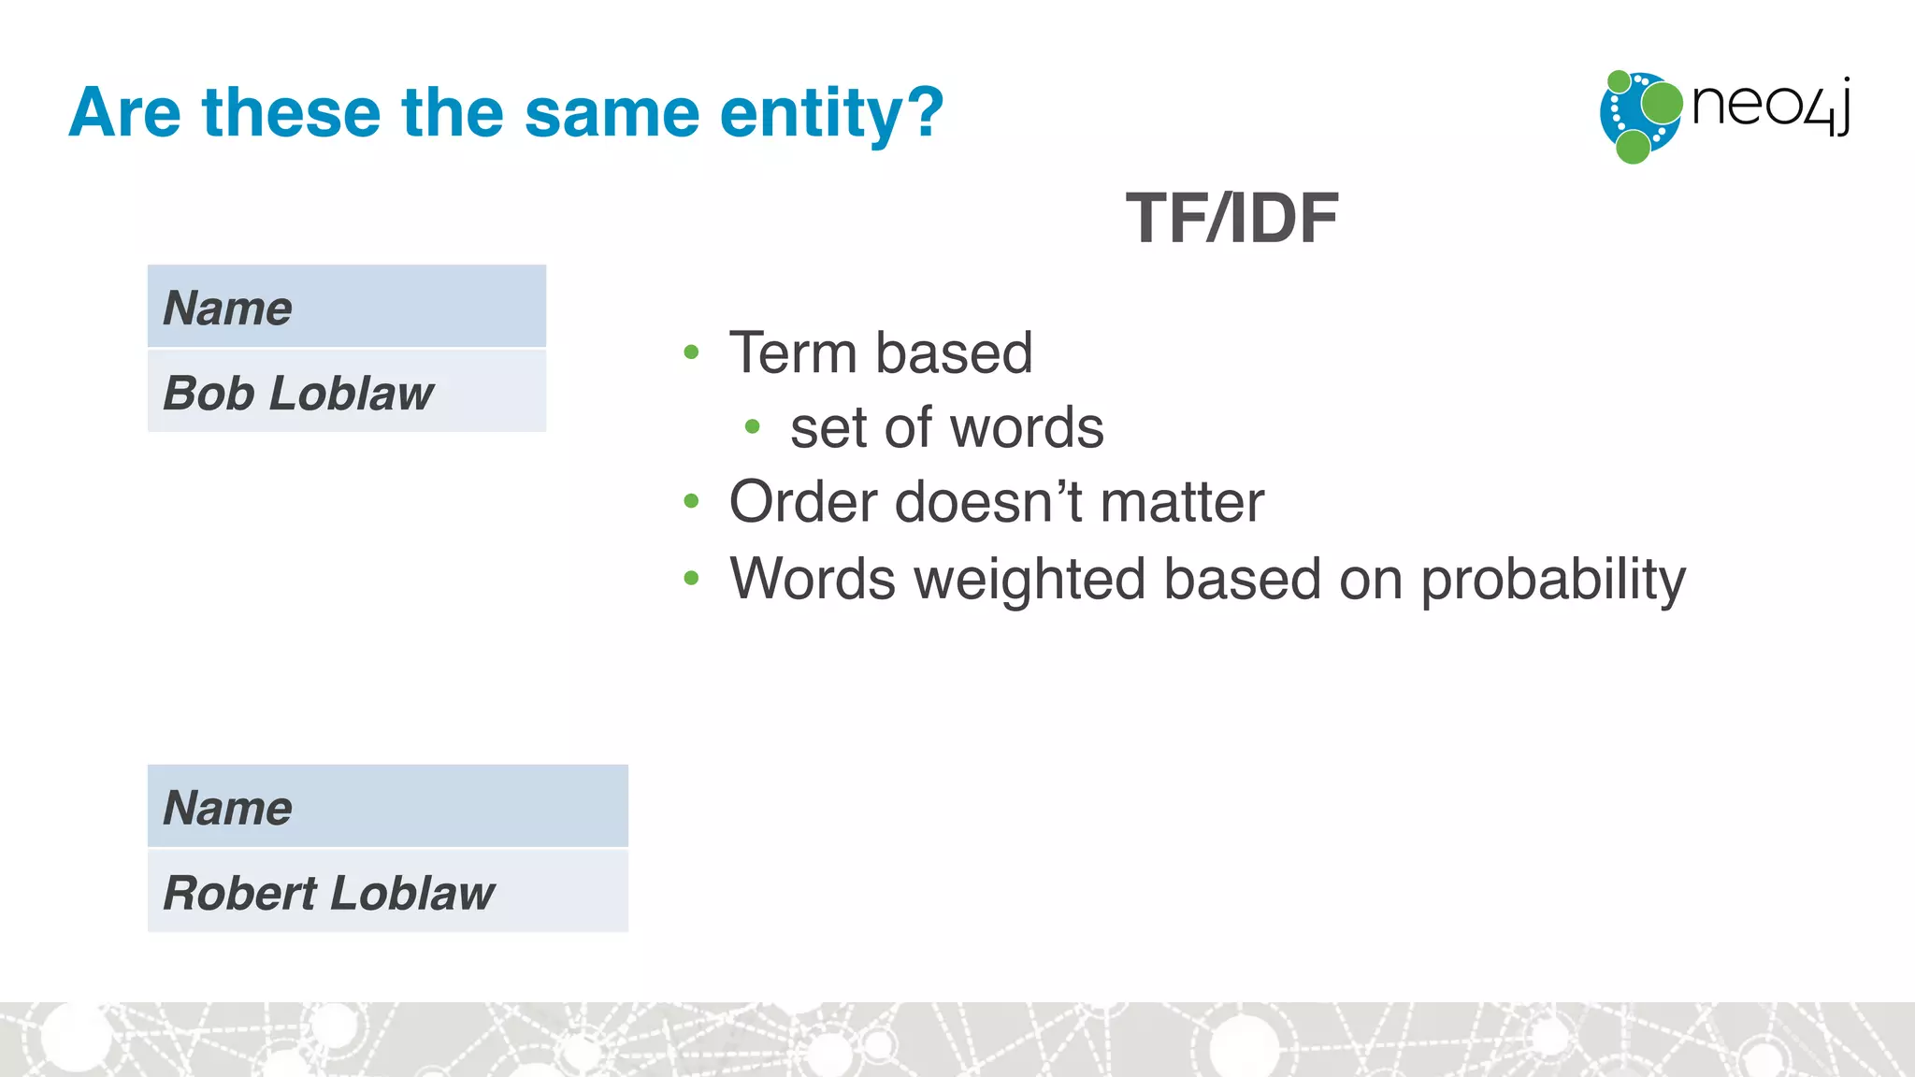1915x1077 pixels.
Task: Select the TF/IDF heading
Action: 1231,219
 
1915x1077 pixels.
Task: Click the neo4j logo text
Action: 1770,106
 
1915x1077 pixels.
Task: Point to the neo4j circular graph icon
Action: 1639,116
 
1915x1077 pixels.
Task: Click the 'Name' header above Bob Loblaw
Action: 227,309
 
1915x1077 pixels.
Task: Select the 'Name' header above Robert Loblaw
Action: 227,808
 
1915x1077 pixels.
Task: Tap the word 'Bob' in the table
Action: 209,393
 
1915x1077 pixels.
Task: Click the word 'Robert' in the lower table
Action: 240,893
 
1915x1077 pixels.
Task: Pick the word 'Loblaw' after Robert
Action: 412,893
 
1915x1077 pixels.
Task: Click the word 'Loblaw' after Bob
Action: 351,393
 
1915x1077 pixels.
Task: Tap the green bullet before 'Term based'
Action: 691,352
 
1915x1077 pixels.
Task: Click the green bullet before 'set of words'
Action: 752,427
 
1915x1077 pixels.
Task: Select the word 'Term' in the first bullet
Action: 793,353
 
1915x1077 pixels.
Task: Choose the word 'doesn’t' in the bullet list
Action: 988,502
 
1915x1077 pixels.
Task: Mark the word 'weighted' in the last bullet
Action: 1029,580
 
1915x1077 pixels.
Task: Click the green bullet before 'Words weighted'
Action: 691,579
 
